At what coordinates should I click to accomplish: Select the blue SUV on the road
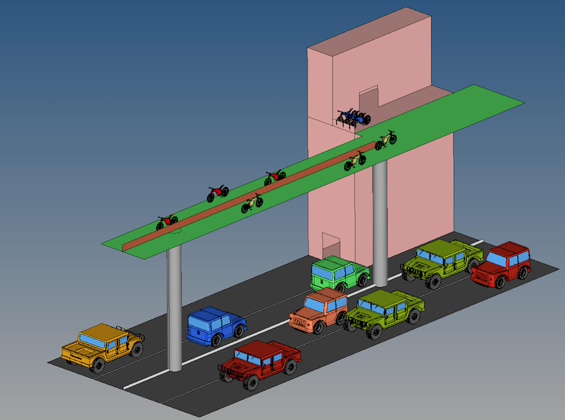[x=215, y=326]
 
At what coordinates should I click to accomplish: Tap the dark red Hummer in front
[x=259, y=363]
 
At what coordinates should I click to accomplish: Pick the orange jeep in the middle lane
[x=318, y=311]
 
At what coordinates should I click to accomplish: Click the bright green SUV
[x=338, y=272]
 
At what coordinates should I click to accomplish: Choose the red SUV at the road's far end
[x=502, y=263]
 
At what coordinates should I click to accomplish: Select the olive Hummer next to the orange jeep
[x=384, y=313]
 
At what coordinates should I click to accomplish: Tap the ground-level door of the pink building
[x=331, y=246]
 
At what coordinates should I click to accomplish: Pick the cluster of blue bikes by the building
[x=354, y=118]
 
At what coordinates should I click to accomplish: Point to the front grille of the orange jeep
[x=299, y=321]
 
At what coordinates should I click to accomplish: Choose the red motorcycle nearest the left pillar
[x=166, y=222]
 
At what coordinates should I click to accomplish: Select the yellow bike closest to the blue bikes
[x=385, y=140]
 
